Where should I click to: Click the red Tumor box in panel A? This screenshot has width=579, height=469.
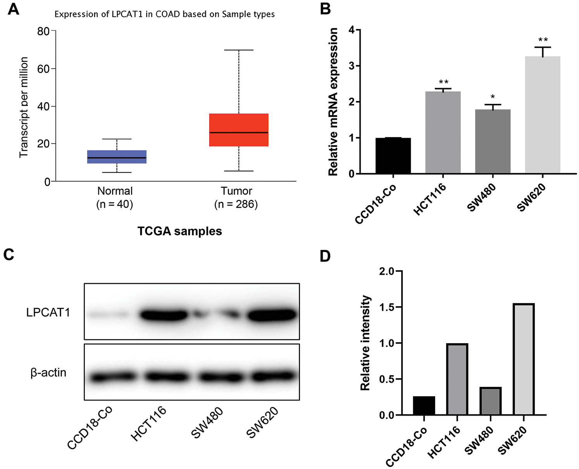(239, 130)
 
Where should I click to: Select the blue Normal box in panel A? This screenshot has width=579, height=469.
(117, 156)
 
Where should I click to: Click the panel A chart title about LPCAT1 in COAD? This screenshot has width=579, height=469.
(164, 14)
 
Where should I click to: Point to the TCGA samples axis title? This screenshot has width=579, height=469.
(179, 231)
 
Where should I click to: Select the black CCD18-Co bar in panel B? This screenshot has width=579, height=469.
(393, 156)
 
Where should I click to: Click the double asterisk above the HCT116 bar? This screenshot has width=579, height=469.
(443, 82)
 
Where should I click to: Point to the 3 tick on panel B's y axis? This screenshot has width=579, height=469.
(351, 66)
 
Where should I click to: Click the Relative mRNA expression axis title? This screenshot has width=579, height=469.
(333, 102)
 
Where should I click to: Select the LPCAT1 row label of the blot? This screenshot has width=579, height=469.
(48, 313)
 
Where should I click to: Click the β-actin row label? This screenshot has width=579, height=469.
(48, 373)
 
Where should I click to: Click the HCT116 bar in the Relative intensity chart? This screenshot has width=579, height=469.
(457, 379)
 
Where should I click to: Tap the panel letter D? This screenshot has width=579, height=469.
(326, 256)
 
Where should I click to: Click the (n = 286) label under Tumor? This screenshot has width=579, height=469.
(236, 204)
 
